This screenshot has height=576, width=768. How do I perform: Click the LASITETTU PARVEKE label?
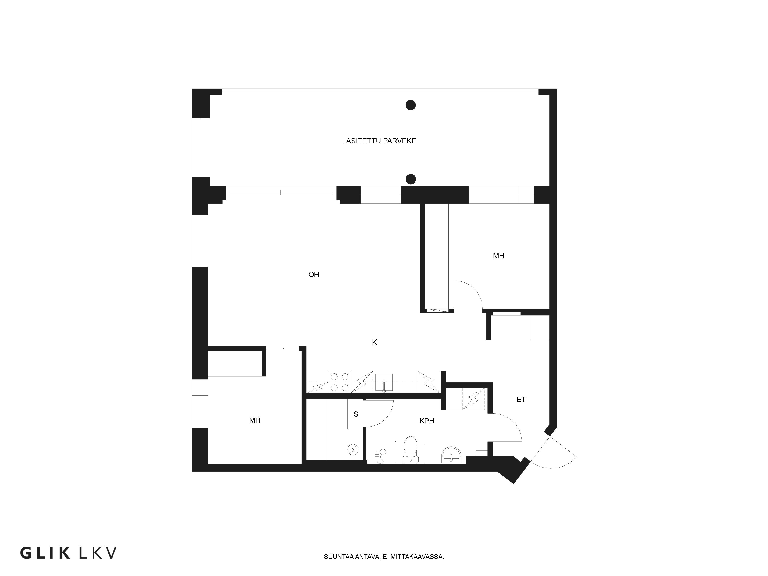click(379, 141)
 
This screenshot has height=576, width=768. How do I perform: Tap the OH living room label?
click(314, 275)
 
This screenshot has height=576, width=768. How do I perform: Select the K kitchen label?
click(374, 342)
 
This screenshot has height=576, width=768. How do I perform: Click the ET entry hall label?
click(521, 400)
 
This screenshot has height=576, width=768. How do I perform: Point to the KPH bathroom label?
click(427, 421)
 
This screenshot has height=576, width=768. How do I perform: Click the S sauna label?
click(356, 414)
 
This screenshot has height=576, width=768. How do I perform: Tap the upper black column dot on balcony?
click(411, 105)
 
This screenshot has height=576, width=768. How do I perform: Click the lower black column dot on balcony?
click(411, 179)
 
